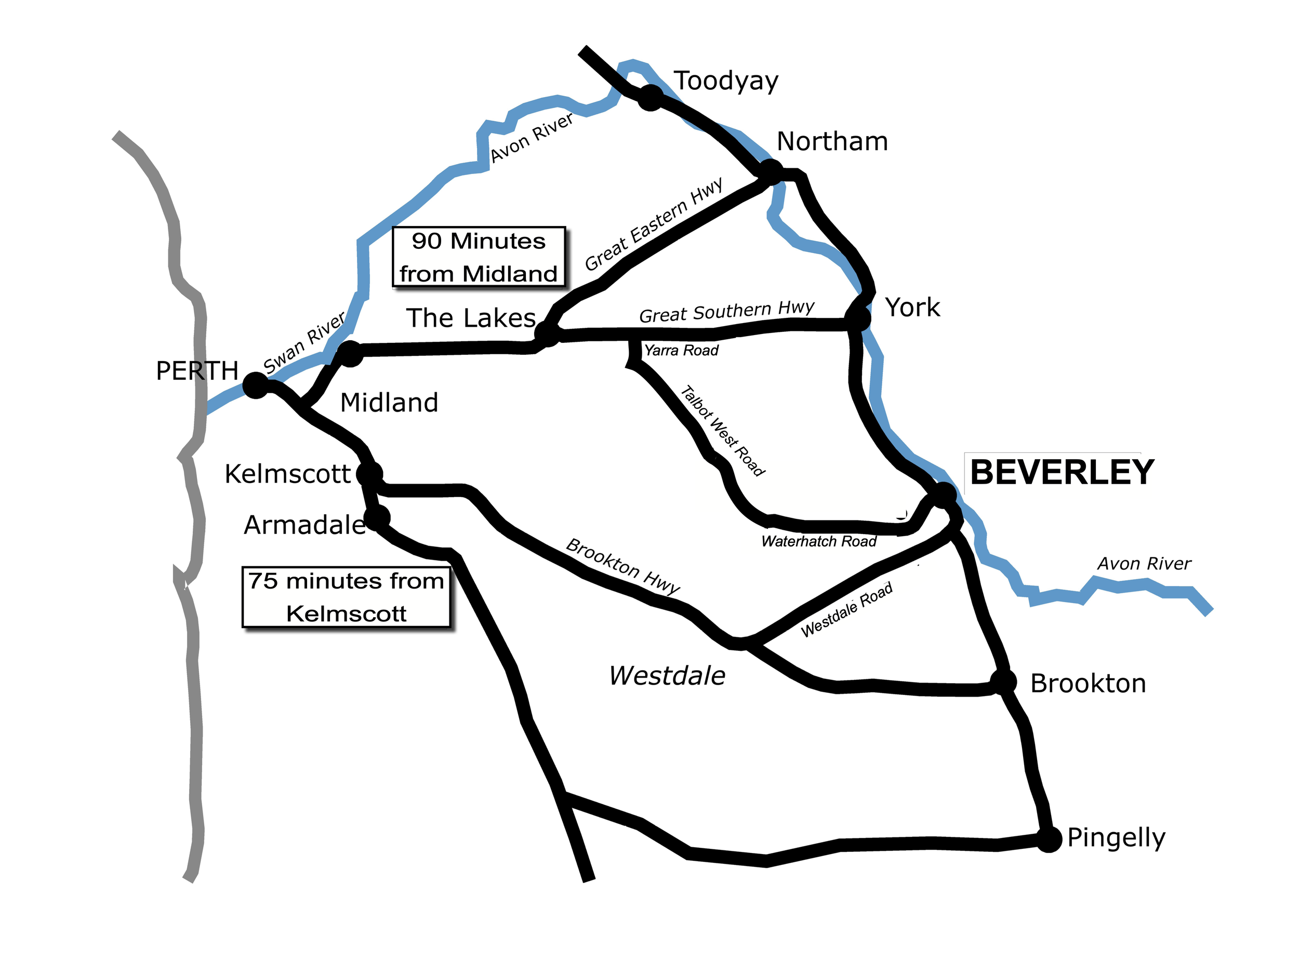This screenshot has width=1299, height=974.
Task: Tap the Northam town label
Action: (831, 141)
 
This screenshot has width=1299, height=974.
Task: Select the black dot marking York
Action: (857, 317)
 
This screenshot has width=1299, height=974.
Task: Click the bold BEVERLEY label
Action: (1062, 473)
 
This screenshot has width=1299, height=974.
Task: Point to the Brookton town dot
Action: (1003, 682)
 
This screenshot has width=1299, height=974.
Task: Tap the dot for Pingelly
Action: (1049, 839)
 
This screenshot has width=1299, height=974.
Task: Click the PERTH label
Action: (197, 371)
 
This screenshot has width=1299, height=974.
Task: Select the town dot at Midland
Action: (350, 353)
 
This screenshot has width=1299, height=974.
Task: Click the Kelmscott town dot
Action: (369, 473)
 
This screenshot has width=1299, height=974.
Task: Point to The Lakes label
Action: (470, 318)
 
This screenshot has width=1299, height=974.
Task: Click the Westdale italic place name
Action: (667, 676)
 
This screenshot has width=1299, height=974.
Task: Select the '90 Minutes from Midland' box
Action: (479, 257)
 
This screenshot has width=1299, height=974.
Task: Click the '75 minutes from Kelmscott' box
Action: (347, 597)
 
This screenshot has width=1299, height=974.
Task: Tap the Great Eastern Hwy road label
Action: (654, 224)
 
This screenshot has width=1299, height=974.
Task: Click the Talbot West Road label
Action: (722, 430)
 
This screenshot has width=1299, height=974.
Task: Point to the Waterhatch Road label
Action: (818, 541)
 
